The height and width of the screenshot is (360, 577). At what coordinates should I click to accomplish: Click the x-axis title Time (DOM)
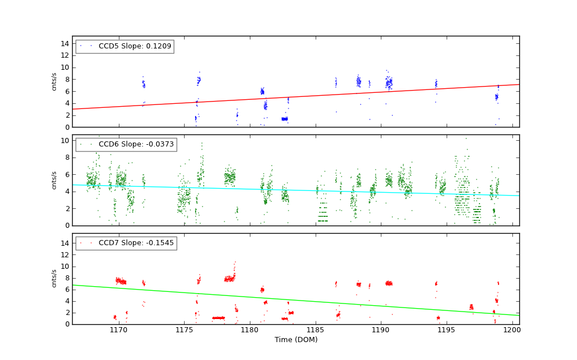[x=295, y=340]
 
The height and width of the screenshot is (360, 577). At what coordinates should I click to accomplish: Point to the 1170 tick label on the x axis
[x=118, y=330]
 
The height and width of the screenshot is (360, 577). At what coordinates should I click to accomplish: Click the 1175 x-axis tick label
[x=184, y=330]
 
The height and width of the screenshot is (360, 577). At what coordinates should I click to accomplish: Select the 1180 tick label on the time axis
[x=250, y=330]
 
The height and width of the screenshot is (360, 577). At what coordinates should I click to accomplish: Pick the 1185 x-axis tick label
[x=316, y=330]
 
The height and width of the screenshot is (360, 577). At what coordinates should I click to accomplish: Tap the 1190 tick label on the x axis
[x=381, y=330]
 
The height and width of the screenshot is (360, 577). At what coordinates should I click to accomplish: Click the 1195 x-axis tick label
[x=447, y=330]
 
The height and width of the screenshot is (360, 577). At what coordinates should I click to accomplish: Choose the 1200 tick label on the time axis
[x=512, y=330]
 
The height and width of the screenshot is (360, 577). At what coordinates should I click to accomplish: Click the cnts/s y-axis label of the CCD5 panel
[x=54, y=81]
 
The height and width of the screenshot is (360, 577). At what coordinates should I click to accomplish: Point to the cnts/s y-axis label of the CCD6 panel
[x=54, y=180]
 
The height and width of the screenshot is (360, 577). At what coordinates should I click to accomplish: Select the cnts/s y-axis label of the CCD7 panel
[x=54, y=278]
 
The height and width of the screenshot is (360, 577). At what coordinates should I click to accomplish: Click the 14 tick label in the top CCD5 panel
[x=65, y=43]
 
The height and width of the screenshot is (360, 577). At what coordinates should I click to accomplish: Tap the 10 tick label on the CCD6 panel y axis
[x=65, y=140]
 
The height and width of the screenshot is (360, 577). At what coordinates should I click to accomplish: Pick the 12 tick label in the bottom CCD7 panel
[x=65, y=255]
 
